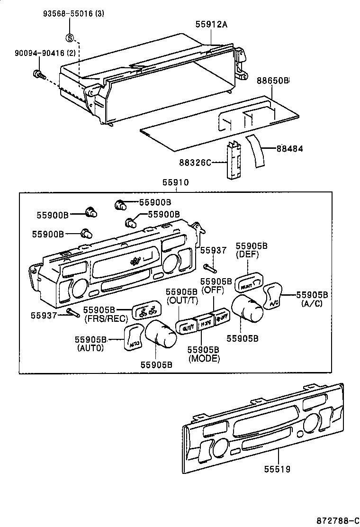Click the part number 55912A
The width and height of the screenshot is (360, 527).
pyautogui.click(x=212, y=24)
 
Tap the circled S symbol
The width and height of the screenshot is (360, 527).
pyautogui.click(x=70, y=38)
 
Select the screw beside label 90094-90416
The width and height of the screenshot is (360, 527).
pyautogui.click(x=37, y=74)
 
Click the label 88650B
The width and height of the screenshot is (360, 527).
pyautogui.click(x=273, y=81)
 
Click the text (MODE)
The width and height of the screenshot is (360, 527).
pyautogui.click(x=204, y=359)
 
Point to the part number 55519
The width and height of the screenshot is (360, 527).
pyautogui.click(x=278, y=469)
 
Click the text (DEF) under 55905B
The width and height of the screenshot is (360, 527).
pyautogui.click(x=246, y=254)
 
